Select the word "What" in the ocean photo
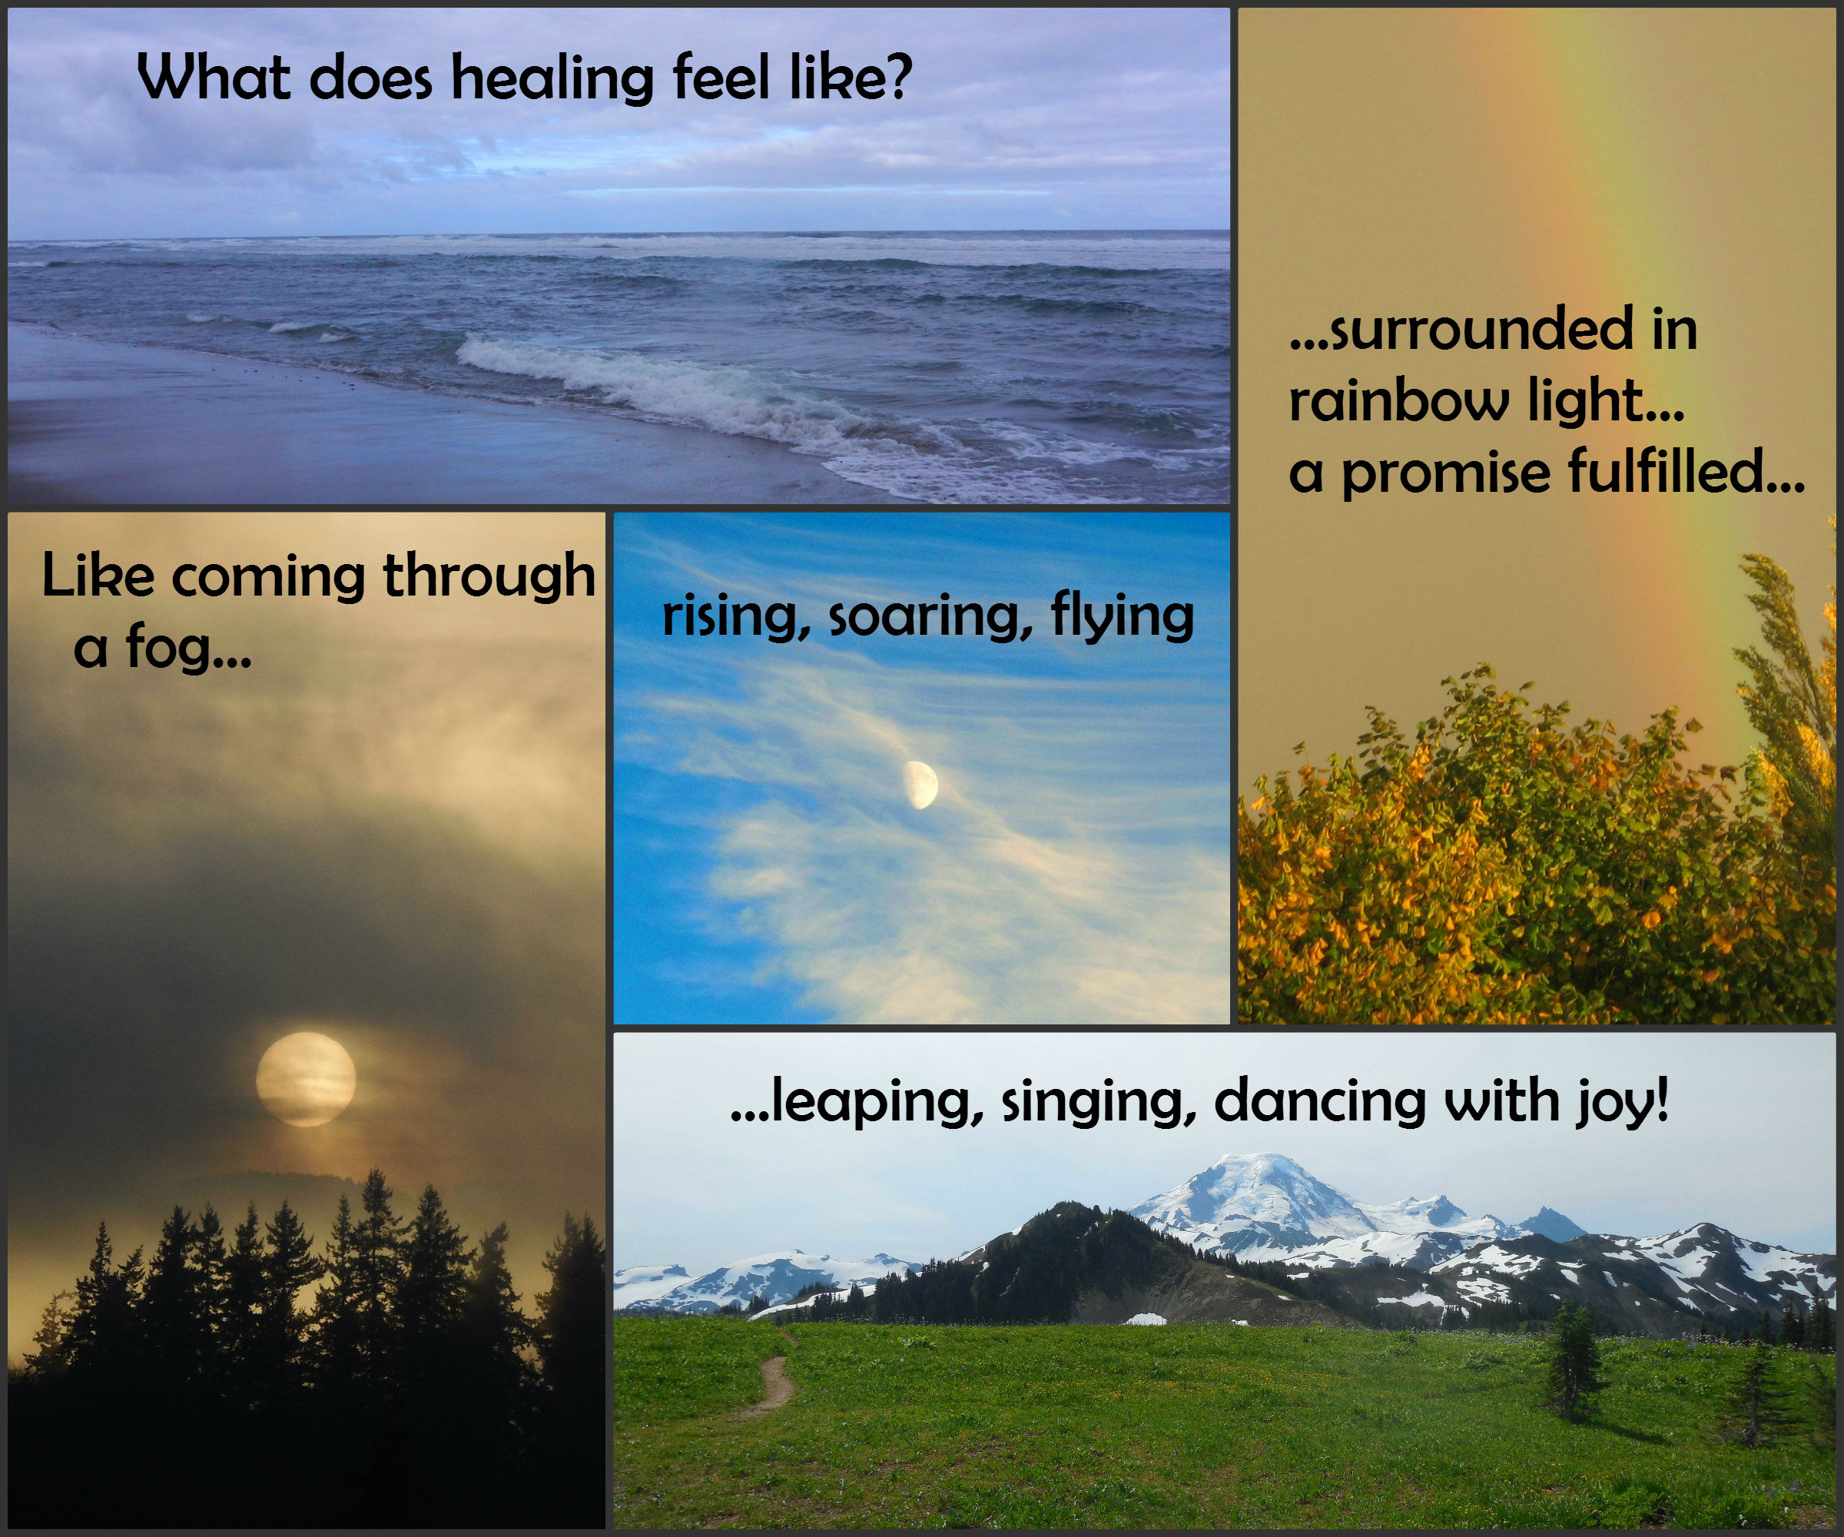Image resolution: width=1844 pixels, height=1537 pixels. (214, 78)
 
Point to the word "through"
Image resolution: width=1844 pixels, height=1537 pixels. (489, 578)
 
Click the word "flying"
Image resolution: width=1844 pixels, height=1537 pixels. (1123, 616)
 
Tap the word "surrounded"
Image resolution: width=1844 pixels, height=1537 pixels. (1484, 330)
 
